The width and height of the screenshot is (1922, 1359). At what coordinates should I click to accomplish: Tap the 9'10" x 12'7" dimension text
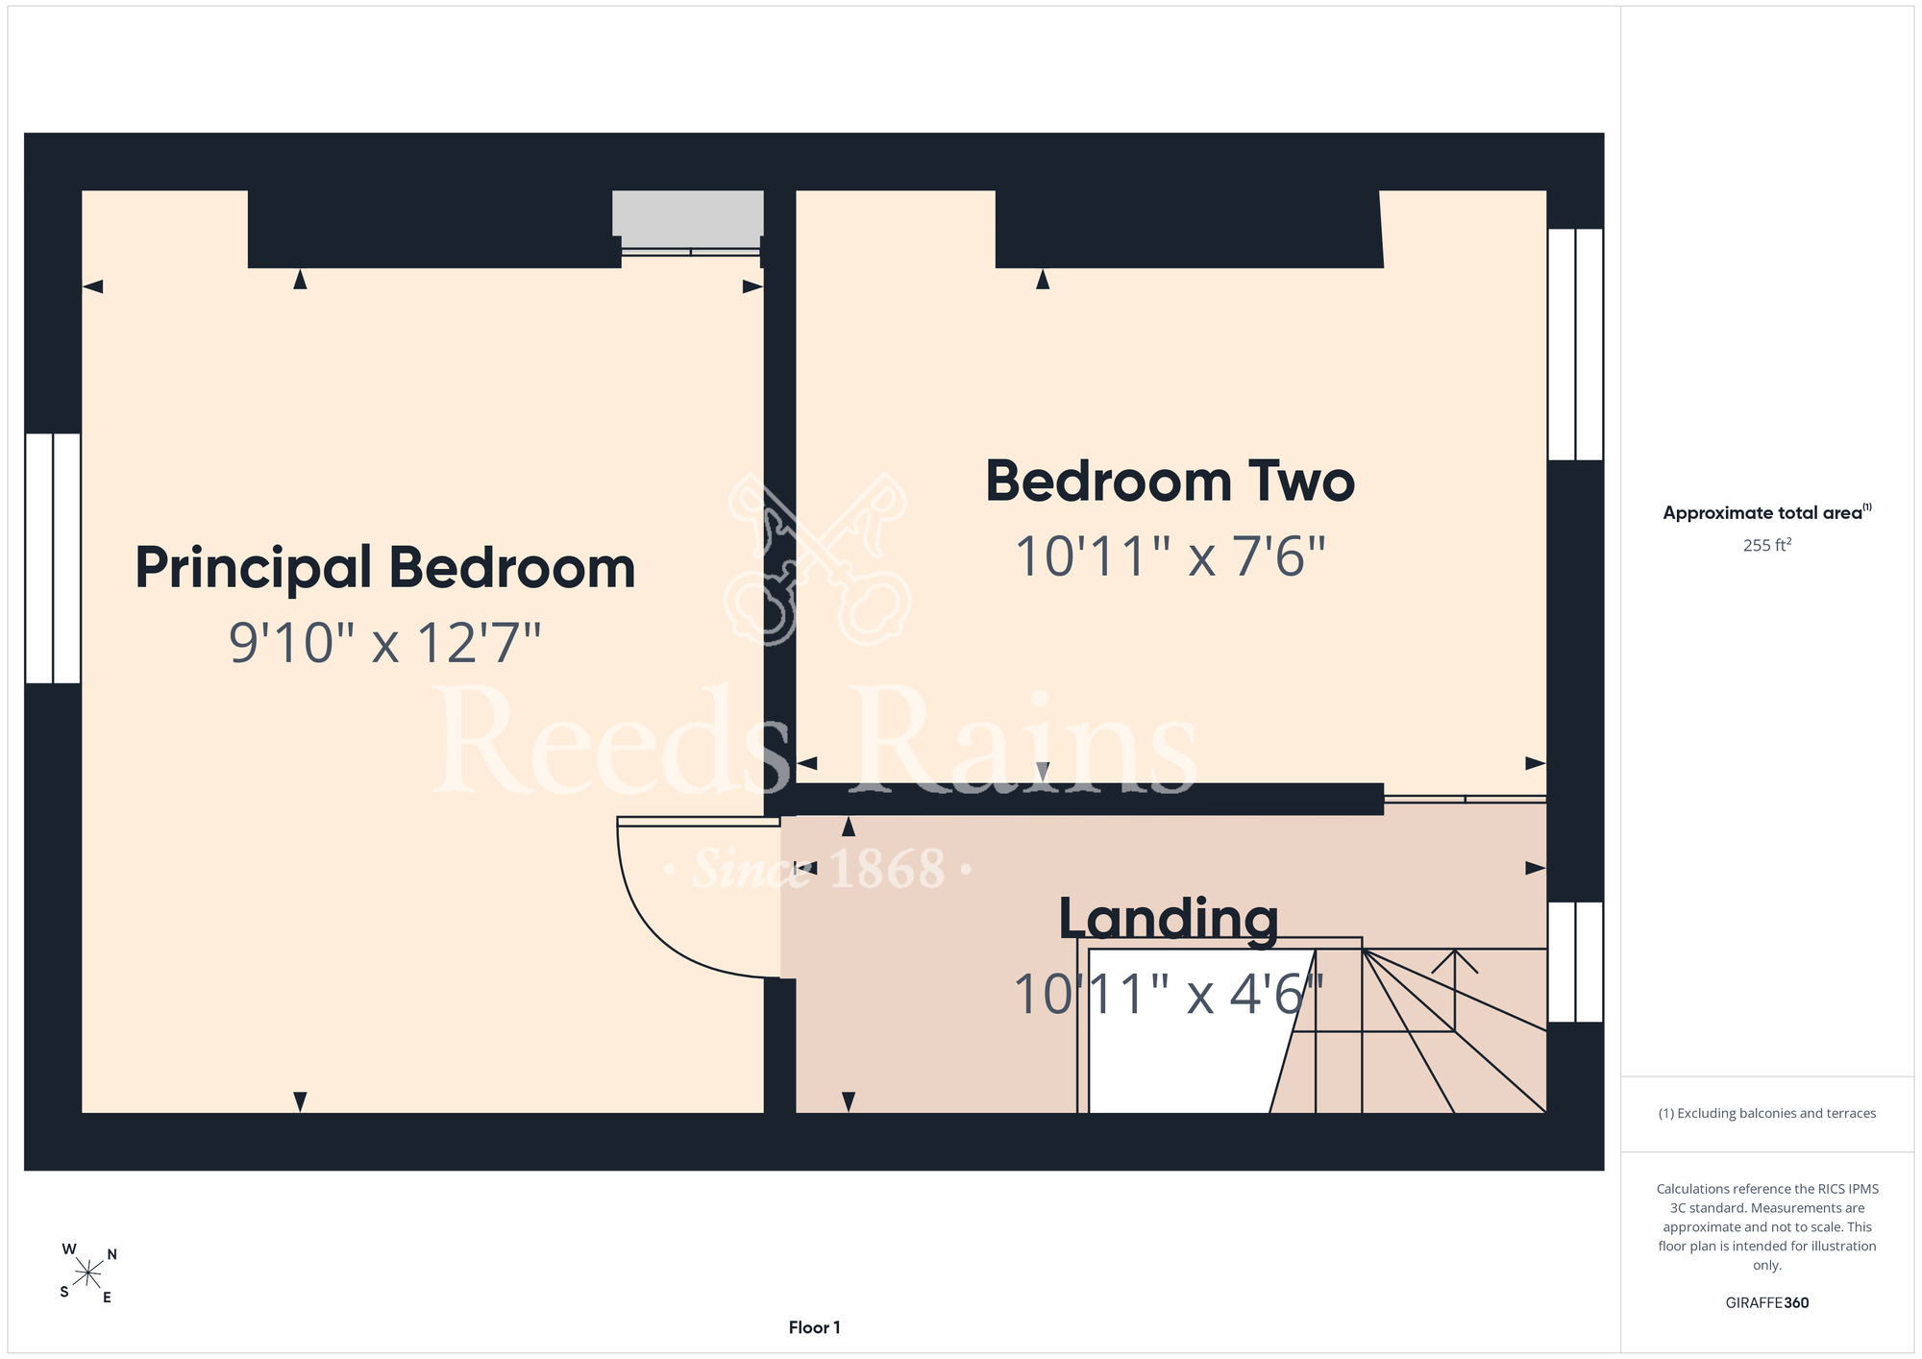point(385,643)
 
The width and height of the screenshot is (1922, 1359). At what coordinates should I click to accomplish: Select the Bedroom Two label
point(1170,482)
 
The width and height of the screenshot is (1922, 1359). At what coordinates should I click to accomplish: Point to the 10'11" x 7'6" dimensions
point(1170,556)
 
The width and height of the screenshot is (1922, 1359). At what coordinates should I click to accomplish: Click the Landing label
point(1169,920)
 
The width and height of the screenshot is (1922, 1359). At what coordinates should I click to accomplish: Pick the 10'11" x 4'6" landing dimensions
point(1169,994)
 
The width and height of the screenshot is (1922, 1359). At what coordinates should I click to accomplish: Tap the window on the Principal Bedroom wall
point(53,558)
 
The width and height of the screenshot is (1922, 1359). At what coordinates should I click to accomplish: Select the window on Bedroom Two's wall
point(1575,344)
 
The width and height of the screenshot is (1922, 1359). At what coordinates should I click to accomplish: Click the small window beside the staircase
point(1575,962)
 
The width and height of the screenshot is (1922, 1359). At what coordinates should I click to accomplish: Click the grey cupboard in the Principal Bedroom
point(688,212)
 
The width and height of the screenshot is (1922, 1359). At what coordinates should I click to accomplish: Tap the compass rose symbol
point(87,1274)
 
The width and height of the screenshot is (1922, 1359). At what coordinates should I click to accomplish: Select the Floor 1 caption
point(814,1327)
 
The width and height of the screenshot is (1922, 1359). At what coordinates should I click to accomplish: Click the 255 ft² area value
point(1767,545)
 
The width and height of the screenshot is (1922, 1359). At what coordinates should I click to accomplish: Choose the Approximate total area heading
point(1766,512)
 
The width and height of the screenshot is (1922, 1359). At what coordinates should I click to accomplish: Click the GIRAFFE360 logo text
point(1767,1303)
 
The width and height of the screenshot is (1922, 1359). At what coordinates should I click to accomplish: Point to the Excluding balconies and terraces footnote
point(1767,1113)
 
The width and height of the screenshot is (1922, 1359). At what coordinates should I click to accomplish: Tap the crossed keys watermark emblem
point(818,559)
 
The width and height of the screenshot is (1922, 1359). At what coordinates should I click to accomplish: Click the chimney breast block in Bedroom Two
point(1189,229)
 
